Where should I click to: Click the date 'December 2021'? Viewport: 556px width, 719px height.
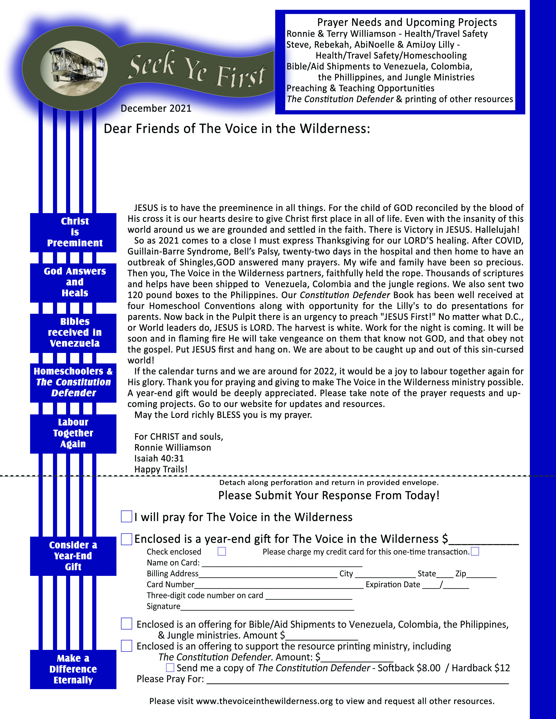point(156,108)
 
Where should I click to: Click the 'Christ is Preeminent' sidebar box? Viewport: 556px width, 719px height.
point(73,232)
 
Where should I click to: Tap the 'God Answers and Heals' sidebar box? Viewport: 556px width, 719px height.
point(73,283)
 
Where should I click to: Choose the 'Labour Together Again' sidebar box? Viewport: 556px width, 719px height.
point(73,433)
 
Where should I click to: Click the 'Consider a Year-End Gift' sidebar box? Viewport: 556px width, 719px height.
point(73,556)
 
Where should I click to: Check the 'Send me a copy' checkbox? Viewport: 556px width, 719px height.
point(170,668)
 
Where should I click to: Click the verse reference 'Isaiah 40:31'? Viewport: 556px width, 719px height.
point(159,458)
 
